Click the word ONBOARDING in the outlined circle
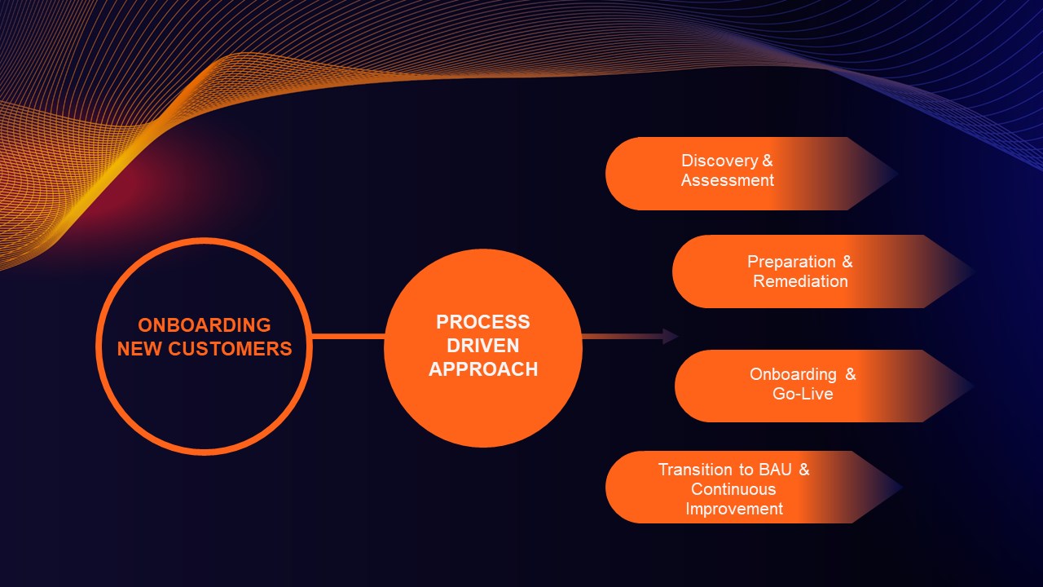pyautogui.click(x=204, y=324)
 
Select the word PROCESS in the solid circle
pyautogui.click(x=483, y=322)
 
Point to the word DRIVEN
pyautogui.click(x=483, y=346)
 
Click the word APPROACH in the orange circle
pyautogui.click(x=483, y=369)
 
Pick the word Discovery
pyautogui.click(x=720, y=161)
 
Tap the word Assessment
pyautogui.click(x=728, y=180)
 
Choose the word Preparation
pyautogui.click(x=791, y=262)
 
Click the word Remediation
pyautogui.click(x=800, y=281)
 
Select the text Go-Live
pyautogui.click(x=803, y=394)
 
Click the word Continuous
pyautogui.click(x=733, y=489)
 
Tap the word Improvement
pyautogui.click(x=734, y=509)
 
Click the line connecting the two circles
pyautogui.click(x=348, y=336)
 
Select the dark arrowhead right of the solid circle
pyautogui.click(x=671, y=336)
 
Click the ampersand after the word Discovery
pyautogui.click(x=767, y=161)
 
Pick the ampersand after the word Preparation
pyautogui.click(x=847, y=262)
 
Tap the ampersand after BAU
pyautogui.click(x=804, y=470)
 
